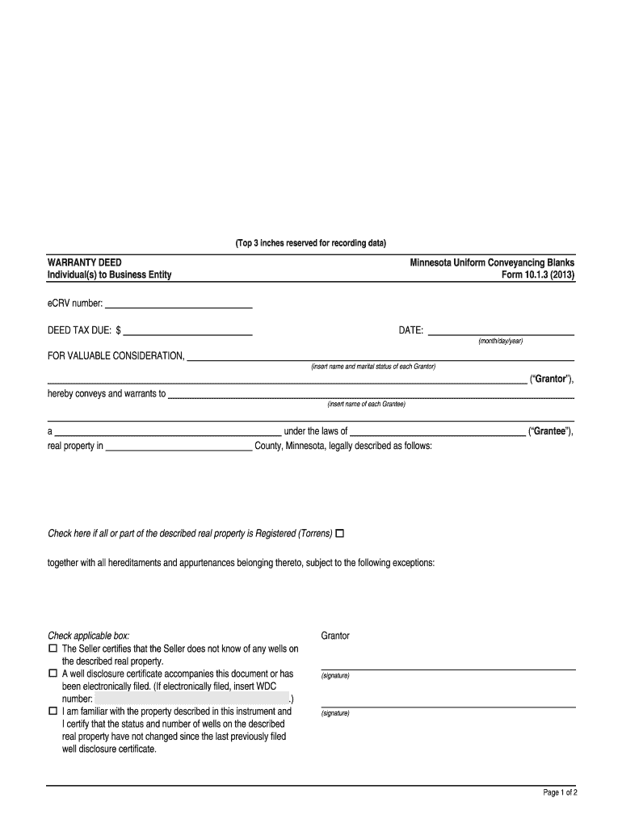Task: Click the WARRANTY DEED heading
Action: pyautogui.click(x=85, y=263)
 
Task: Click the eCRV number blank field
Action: pyautogui.click(x=179, y=304)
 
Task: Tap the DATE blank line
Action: pyautogui.click(x=501, y=330)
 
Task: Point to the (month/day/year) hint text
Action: pyautogui.click(x=500, y=341)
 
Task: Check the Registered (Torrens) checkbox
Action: pyautogui.click(x=339, y=534)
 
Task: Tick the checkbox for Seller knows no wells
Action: pyautogui.click(x=53, y=649)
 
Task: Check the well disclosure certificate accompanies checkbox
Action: pyautogui.click(x=53, y=673)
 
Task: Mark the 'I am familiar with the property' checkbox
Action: pyautogui.click(x=53, y=712)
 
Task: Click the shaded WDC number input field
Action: pyautogui.click(x=191, y=699)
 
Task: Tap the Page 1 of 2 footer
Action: pyautogui.click(x=559, y=793)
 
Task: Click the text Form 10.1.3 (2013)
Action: pyautogui.click(x=537, y=275)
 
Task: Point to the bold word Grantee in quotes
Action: pyautogui.click(x=549, y=431)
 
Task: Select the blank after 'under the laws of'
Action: pyautogui.click(x=437, y=431)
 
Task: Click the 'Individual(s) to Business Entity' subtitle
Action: pyautogui.click(x=110, y=275)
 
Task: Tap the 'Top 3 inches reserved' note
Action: pyautogui.click(x=311, y=243)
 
